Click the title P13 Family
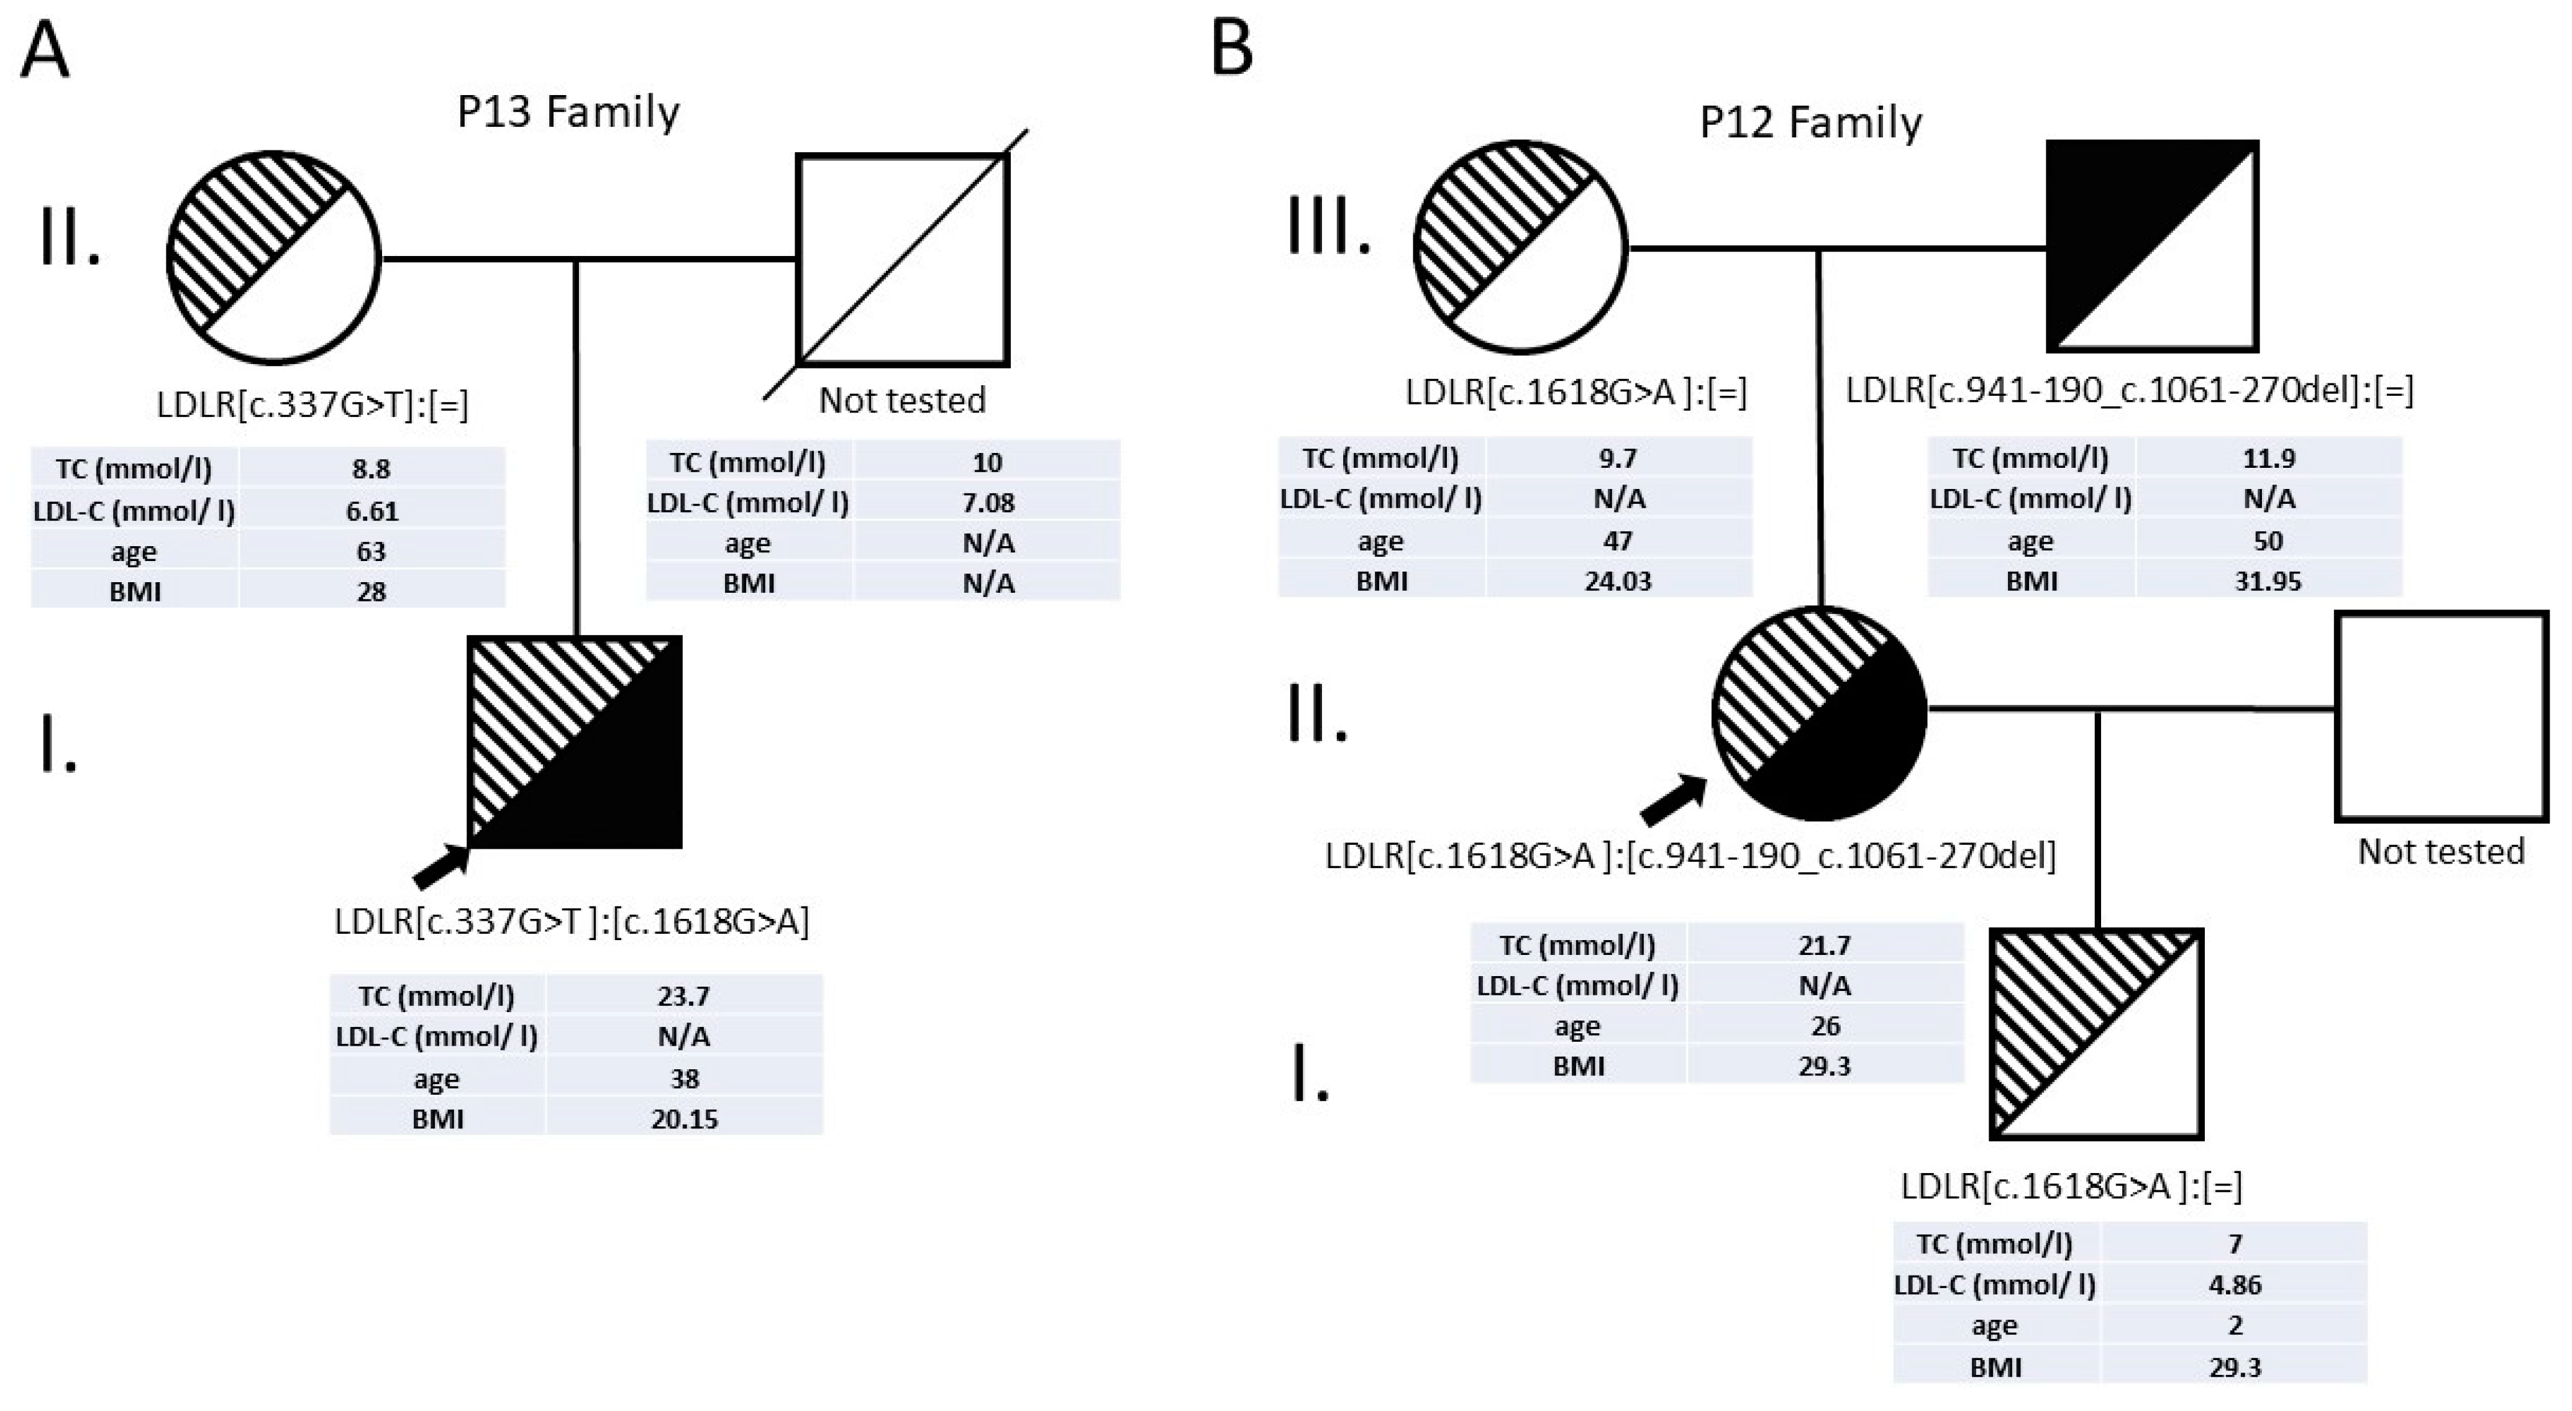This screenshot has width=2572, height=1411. (x=568, y=112)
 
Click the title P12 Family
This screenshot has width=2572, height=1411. (x=1810, y=124)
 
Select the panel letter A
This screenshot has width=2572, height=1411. (x=45, y=50)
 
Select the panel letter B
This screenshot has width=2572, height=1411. (x=1231, y=50)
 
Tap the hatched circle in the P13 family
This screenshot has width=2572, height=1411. (x=273, y=258)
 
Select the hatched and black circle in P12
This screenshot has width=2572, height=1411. (x=1818, y=713)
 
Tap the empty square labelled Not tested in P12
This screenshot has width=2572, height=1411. (x=2441, y=717)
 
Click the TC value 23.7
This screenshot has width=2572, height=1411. (x=684, y=995)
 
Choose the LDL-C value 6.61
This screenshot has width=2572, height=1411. (x=372, y=511)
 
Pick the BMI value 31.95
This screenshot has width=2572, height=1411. (x=2268, y=581)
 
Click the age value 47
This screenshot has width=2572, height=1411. (x=1618, y=541)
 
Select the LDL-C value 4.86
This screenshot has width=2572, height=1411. (x=2235, y=1284)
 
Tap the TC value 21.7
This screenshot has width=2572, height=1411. (x=1824, y=944)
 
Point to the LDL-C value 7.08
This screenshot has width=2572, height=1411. (x=987, y=502)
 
